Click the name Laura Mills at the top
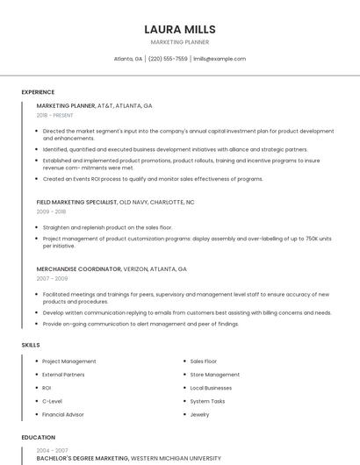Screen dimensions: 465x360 (180, 29)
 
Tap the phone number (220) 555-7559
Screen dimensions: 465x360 (168, 59)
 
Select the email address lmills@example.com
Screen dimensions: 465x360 (220, 59)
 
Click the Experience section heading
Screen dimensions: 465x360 (38, 92)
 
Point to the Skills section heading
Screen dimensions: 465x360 (31, 345)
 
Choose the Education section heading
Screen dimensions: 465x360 (39, 437)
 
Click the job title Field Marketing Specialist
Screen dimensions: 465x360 (77, 202)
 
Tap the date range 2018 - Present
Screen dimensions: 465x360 (55, 115)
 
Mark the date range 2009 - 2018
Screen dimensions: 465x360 (51, 211)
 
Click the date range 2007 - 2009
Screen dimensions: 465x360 (52, 278)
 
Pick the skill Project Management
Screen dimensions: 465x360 (69, 361)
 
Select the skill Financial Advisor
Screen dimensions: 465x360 (63, 414)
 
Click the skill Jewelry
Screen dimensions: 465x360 (200, 414)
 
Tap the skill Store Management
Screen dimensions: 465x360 (215, 375)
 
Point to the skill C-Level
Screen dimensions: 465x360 (52, 401)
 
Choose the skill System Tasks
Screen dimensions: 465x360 (208, 401)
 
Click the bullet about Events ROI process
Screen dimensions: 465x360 (153, 179)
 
